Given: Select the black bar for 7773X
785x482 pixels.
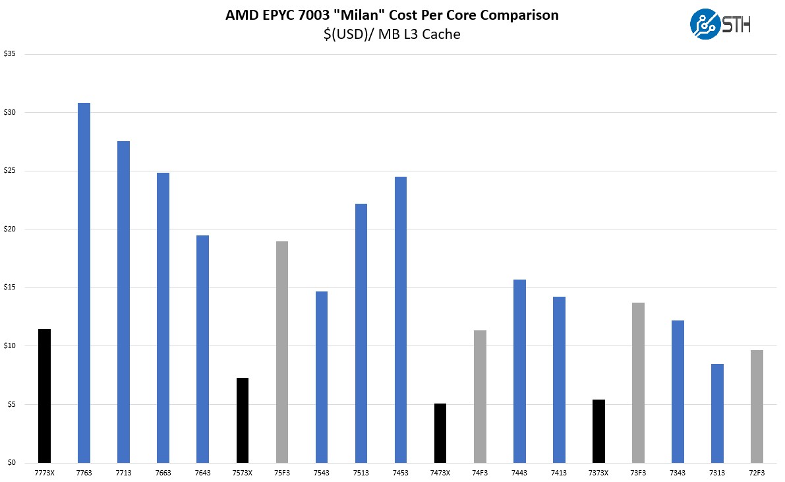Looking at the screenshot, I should tap(44, 396).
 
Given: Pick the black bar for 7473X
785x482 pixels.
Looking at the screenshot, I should tap(440, 433).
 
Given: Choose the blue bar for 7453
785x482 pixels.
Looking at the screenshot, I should tap(401, 319).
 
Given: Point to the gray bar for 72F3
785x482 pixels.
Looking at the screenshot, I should tap(757, 406).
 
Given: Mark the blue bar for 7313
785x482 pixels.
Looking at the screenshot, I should tap(717, 413).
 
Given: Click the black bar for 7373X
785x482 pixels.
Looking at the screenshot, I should tap(598, 431).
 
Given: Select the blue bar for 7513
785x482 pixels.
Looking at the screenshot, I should tap(361, 333).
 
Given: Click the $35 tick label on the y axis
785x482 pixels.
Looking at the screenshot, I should tap(9, 54).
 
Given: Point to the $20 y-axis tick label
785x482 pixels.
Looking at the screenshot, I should tap(9, 229).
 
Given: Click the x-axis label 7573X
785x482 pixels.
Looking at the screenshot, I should tap(243, 473).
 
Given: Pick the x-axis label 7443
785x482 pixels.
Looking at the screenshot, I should tap(519, 473).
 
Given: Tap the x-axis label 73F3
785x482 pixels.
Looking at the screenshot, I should tap(638, 473).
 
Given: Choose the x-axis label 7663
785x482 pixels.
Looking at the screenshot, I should tap(163, 473).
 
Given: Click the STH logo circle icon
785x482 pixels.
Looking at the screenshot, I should tap(705, 24).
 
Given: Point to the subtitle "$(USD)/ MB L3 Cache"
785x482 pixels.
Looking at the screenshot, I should tap(392, 34).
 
